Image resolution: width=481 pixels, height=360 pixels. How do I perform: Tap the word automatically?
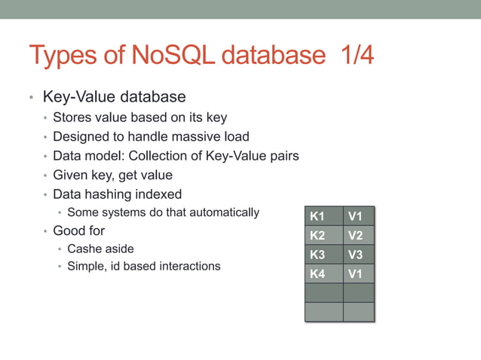click(x=222, y=212)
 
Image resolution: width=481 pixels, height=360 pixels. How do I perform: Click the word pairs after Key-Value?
click(x=283, y=156)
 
